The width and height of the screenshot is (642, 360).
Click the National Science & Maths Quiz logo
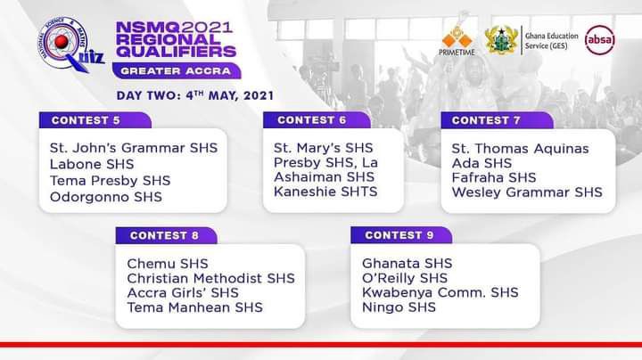pyautogui.click(x=70, y=45)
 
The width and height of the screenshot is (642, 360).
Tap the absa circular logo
pyautogui.click(x=600, y=40)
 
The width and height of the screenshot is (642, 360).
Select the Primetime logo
pyautogui.click(x=457, y=40)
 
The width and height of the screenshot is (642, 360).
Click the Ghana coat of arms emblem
pyautogui.click(x=501, y=40)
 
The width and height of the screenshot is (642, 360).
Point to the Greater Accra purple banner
pyautogui.click(x=177, y=70)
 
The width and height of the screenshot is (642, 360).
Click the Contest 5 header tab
pyautogui.click(x=95, y=120)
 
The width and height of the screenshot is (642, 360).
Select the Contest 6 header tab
pyautogui.click(x=317, y=120)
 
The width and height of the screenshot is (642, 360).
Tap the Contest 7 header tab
pyautogui.click(x=497, y=120)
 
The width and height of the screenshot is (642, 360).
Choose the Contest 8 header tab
pyautogui.click(x=166, y=235)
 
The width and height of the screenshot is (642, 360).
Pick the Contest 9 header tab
pyautogui.click(x=401, y=235)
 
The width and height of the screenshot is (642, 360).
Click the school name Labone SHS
pyautogui.click(x=92, y=165)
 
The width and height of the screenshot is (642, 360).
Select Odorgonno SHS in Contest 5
pyautogui.click(x=105, y=197)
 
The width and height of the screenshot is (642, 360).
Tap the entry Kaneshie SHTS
pyautogui.click(x=325, y=192)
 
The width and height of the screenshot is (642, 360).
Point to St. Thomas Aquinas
pyautogui.click(x=520, y=149)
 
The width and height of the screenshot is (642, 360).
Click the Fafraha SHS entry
pyautogui.click(x=494, y=177)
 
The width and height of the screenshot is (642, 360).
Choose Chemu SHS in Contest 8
pyautogui.click(x=168, y=264)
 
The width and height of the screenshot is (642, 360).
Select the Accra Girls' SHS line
pyautogui.click(x=183, y=293)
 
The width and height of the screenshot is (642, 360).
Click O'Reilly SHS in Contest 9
pyautogui.click(x=405, y=278)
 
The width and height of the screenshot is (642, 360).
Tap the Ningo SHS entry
pyautogui.click(x=399, y=307)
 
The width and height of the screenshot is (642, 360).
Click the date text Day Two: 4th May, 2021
pyautogui.click(x=195, y=95)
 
